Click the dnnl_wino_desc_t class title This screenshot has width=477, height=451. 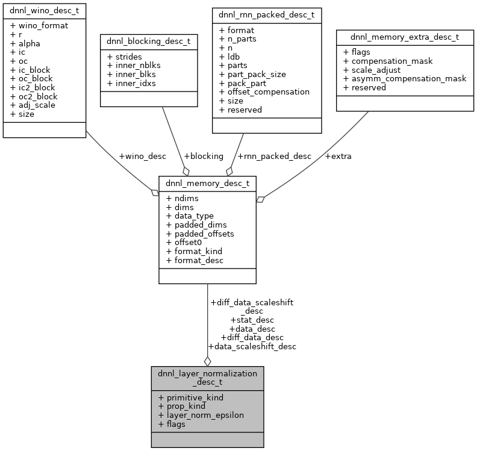pyautogui.click(x=45, y=11)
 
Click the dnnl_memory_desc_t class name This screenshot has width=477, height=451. pyautogui.click(x=207, y=184)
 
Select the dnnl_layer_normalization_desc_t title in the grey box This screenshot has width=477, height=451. pyautogui.click(x=207, y=378)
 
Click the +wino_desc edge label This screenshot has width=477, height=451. pyautogui.click(x=142, y=156)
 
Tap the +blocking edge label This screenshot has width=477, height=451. pyautogui.click(x=203, y=156)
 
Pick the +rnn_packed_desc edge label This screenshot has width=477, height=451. pyautogui.click(x=275, y=156)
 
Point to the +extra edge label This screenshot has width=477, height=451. pyautogui.click(x=338, y=156)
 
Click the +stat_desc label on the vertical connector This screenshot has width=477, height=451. pyautogui.click(x=252, y=320)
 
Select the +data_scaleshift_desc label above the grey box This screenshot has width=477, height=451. pyautogui.click(x=252, y=346)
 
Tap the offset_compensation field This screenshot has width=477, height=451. pyautogui.click(x=264, y=92)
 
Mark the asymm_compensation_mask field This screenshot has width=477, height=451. pyautogui.click(x=405, y=78)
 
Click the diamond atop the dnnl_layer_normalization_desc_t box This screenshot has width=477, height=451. pyautogui.click(x=207, y=361)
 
